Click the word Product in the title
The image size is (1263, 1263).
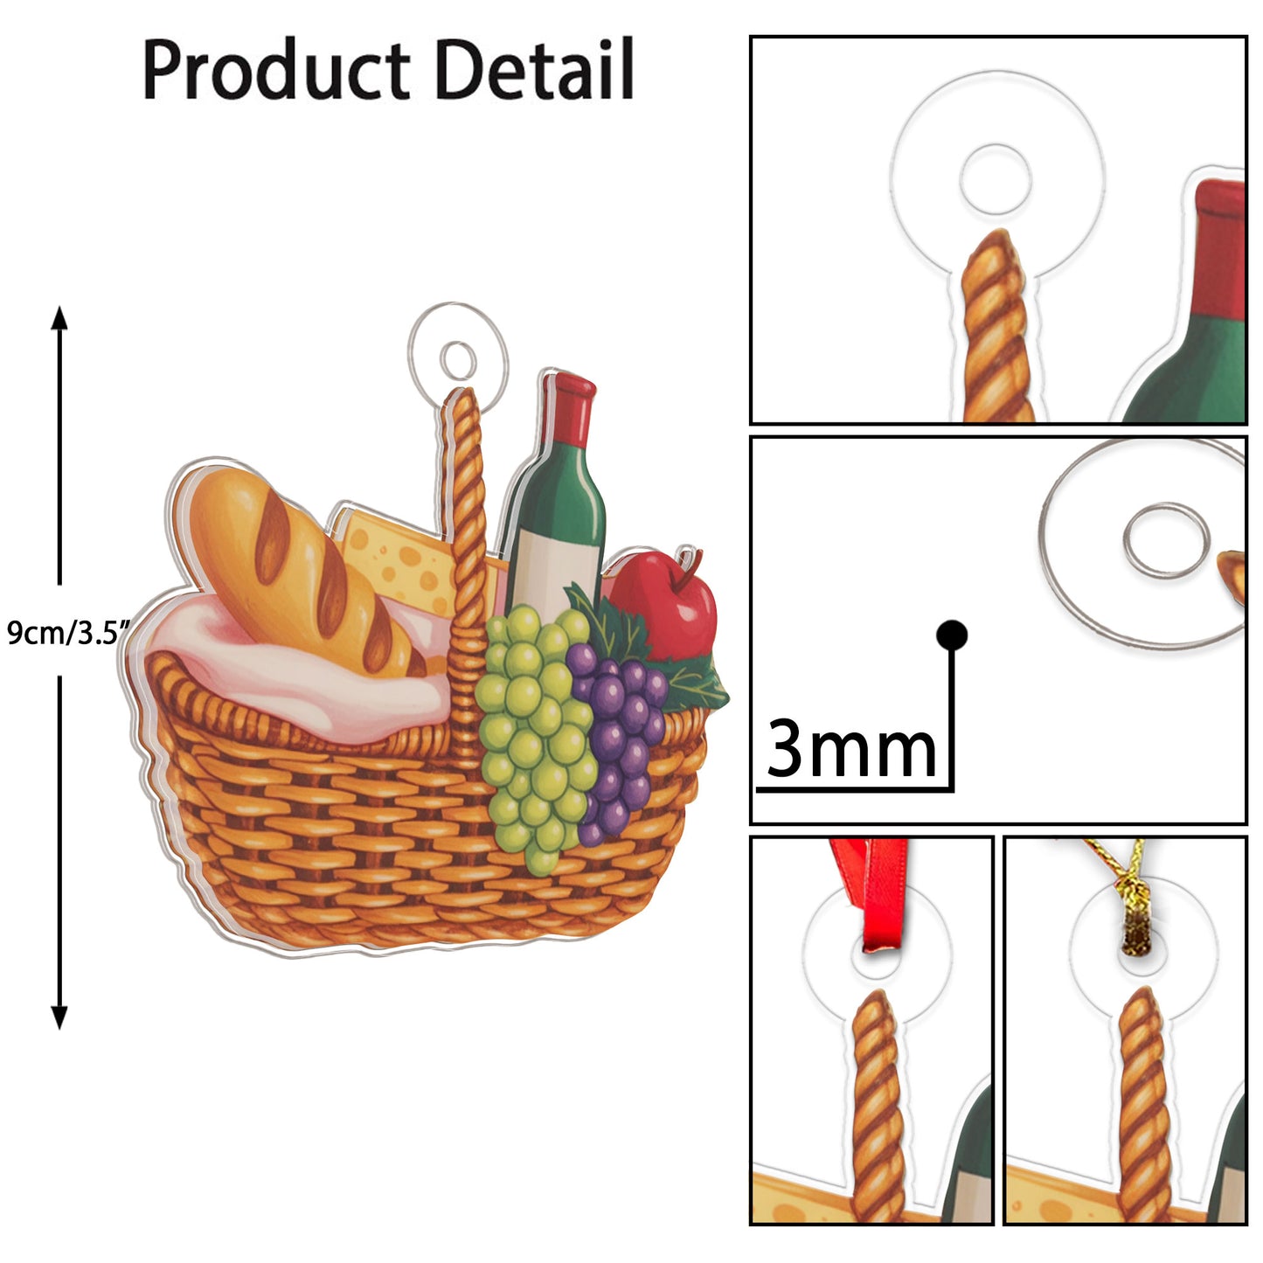pos(275,70)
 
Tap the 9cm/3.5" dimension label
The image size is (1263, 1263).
pos(68,631)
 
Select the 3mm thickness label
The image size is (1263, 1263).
pos(850,749)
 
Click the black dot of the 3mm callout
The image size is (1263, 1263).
pos(951,635)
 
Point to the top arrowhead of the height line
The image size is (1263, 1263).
pos(59,317)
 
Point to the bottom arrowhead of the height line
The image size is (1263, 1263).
pos(59,1017)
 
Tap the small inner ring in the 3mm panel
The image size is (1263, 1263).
pos(1166,539)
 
